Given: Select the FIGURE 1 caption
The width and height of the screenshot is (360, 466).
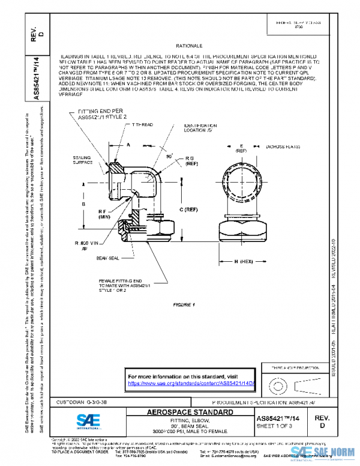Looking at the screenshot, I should pos(185,305).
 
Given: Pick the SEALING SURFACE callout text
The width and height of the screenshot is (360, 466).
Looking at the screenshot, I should pos(77,160).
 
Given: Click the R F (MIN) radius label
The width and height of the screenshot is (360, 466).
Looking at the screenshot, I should pos(105,214).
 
